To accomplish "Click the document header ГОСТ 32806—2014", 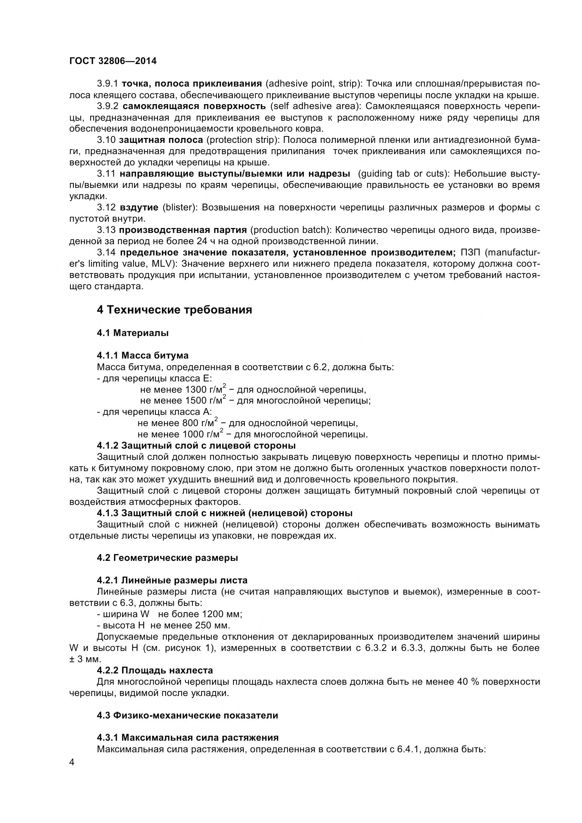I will (113, 61).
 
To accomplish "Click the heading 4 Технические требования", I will (174, 310).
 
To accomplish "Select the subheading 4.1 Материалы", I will (133, 333).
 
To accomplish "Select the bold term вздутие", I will (139, 208).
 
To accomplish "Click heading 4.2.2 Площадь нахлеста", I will (155, 670).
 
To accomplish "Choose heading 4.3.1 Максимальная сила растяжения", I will (188, 737).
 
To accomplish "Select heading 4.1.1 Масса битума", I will (143, 355).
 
